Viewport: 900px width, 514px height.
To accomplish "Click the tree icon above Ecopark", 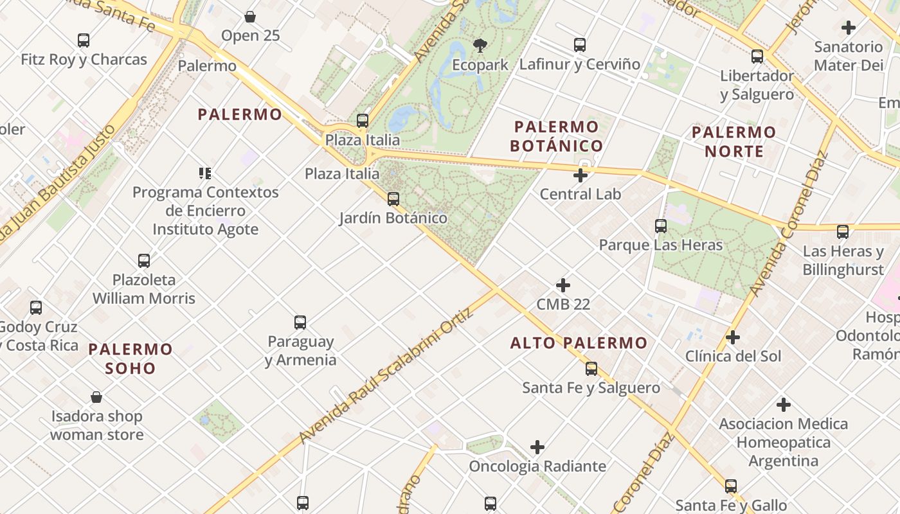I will pyautogui.click(x=480, y=45).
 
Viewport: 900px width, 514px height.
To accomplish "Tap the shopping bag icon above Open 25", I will pyautogui.click(x=250, y=17).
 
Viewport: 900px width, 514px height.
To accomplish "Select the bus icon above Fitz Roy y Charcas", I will pyautogui.click(x=84, y=40).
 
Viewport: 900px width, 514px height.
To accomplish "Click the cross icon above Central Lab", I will pyautogui.click(x=580, y=175).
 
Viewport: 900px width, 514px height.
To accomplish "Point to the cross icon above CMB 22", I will pyautogui.click(x=563, y=285).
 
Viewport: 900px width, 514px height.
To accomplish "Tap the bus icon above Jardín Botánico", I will pyautogui.click(x=393, y=199).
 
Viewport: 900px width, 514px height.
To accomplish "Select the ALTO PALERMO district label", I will pyautogui.click(x=579, y=343).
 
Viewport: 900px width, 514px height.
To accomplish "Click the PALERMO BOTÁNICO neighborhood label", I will pyautogui.click(x=557, y=136).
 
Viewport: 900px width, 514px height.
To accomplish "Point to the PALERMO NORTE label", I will pyautogui.click(x=734, y=141).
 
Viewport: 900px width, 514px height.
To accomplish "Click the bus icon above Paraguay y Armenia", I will pyautogui.click(x=300, y=323).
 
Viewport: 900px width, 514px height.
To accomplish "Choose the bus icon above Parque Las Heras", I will pyautogui.click(x=661, y=226).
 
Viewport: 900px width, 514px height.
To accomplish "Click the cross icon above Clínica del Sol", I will pyautogui.click(x=733, y=337).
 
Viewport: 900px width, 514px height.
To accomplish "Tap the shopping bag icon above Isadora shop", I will pyautogui.click(x=96, y=398).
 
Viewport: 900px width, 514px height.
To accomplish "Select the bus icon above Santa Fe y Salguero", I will pyautogui.click(x=591, y=369).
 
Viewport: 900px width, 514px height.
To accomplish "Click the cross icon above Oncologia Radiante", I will pyautogui.click(x=537, y=447).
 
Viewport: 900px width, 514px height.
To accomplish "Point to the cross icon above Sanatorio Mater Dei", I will pyautogui.click(x=849, y=28).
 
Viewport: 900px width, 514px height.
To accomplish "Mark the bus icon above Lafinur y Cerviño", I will pyautogui.click(x=580, y=45).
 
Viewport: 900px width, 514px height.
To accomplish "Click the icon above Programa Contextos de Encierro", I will pyautogui.click(x=205, y=173).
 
